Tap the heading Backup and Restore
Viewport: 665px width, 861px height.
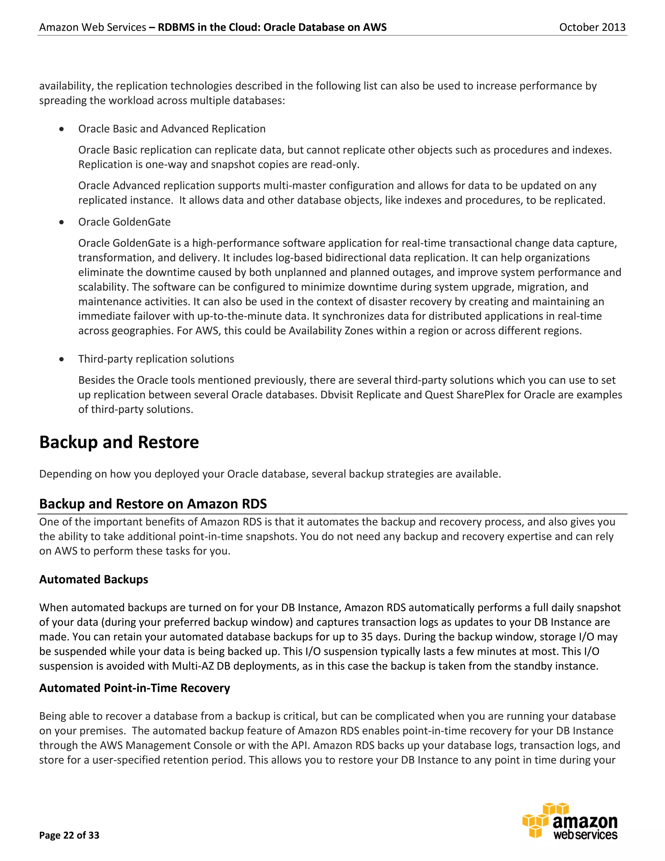[119, 442]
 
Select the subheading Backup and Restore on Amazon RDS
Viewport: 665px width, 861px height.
[153, 504]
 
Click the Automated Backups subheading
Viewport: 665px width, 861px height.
[94, 579]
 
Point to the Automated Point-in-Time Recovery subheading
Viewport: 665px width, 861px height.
[134, 688]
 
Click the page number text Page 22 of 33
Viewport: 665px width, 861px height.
[69, 835]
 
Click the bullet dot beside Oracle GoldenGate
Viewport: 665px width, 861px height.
[61, 222]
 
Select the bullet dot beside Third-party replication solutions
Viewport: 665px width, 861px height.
[61, 359]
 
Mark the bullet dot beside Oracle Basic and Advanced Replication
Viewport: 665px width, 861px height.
[61, 129]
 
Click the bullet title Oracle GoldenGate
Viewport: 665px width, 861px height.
[124, 222]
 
